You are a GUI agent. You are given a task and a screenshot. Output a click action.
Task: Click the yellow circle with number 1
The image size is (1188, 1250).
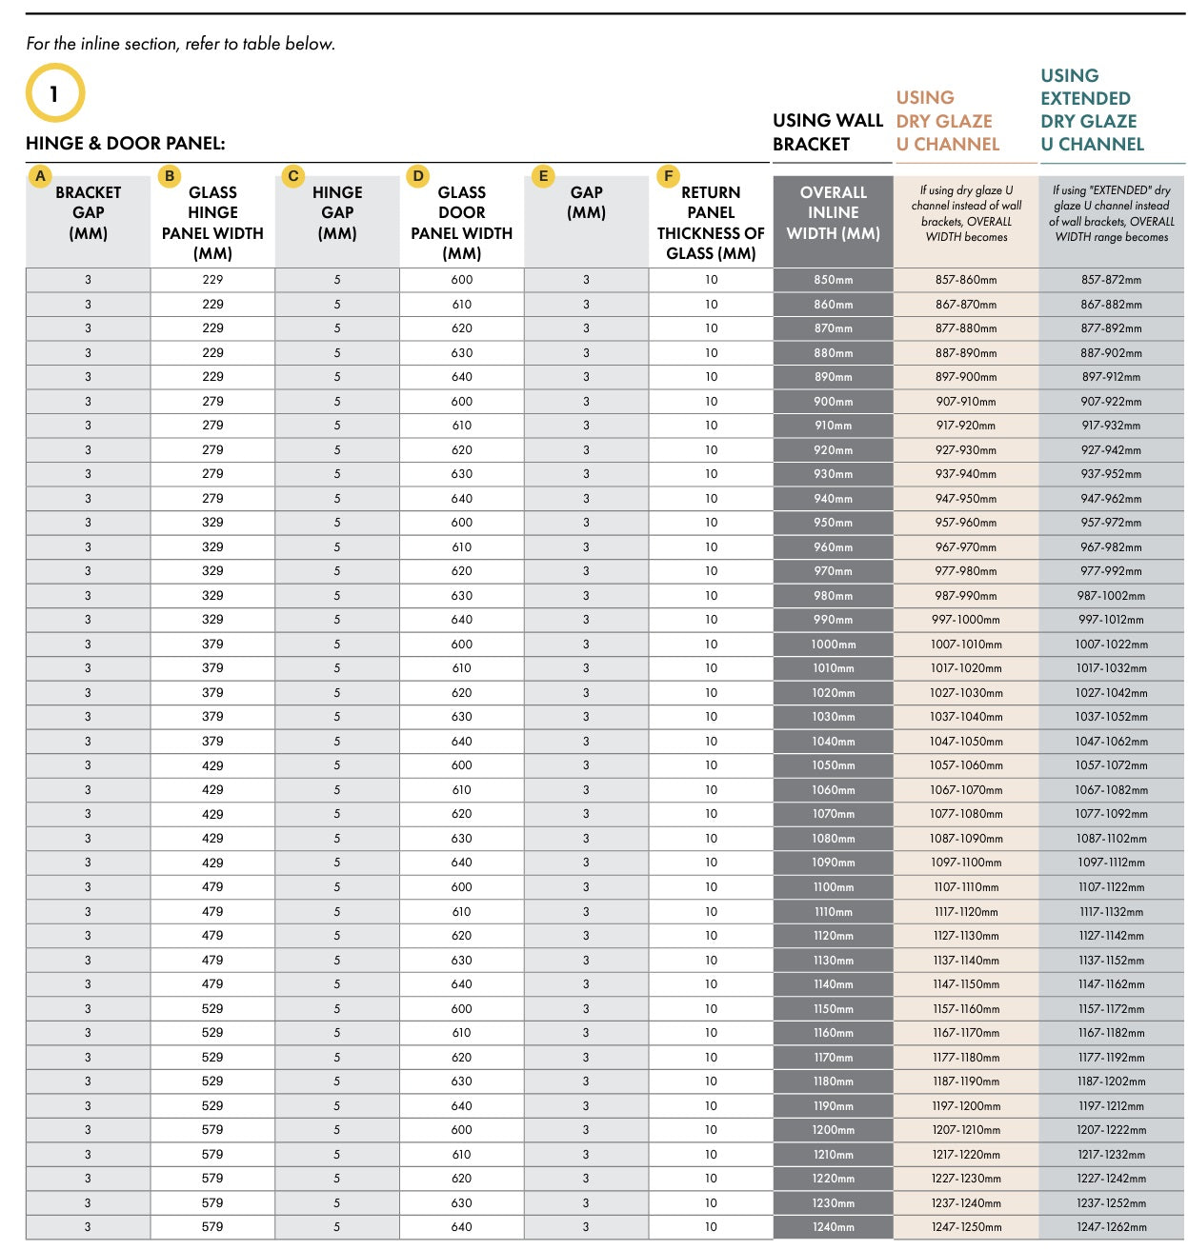pyautogui.click(x=55, y=93)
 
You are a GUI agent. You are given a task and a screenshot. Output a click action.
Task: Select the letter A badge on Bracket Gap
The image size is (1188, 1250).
pyautogui.click(x=40, y=176)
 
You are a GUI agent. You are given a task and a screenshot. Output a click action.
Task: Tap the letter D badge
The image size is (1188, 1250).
pyautogui.click(x=418, y=176)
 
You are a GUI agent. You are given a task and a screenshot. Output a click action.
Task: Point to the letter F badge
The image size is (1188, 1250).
pyautogui.click(x=668, y=176)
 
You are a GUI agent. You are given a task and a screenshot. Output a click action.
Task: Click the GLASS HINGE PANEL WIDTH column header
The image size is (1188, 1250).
pyautogui.click(x=212, y=223)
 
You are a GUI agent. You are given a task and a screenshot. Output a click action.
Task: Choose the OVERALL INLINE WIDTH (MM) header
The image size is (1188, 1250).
pyautogui.click(x=833, y=212)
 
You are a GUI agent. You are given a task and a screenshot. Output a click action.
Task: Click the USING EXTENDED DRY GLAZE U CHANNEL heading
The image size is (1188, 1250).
pyautogui.click(x=1092, y=110)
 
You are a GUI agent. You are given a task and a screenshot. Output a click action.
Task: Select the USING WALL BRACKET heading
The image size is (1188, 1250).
pyautogui.click(x=828, y=132)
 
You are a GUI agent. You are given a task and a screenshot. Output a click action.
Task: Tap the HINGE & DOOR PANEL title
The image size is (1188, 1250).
pyautogui.click(x=126, y=144)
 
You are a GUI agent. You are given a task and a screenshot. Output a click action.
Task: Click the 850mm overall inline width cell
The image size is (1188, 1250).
pyautogui.click(x=833, y=280)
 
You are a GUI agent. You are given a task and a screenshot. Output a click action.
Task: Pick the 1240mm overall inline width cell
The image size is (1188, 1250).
pyautogui.click(x=833, y=1227)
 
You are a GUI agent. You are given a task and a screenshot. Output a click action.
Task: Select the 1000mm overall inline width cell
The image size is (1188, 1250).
pyautogui.click(x=833, y=645)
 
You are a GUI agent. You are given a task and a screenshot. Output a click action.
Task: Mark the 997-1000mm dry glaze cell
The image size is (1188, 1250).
pyautogui.click(x=966, y=620)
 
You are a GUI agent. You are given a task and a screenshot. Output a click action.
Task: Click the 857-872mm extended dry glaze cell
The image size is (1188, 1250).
pyautogui.click(x=1111, y=280)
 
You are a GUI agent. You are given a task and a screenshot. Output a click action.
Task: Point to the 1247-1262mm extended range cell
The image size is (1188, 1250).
pyautogui.click(x=1111, y=1227)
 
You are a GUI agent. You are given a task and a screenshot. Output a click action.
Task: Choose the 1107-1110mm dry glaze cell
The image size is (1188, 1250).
pyautogui.click(x=966, y=887)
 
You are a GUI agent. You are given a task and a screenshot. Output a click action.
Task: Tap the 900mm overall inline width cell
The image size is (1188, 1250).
pyautogui.click(x=833, y=402)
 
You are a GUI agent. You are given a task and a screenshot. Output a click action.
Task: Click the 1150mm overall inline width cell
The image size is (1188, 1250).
pyautogui.click(x=833, y=1009)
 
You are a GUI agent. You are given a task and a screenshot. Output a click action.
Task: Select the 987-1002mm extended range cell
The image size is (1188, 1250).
pyautogui.click(x=1111, y=596)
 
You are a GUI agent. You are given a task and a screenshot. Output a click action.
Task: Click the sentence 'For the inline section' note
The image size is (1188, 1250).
pyautogui.click(x=181, y=44)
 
